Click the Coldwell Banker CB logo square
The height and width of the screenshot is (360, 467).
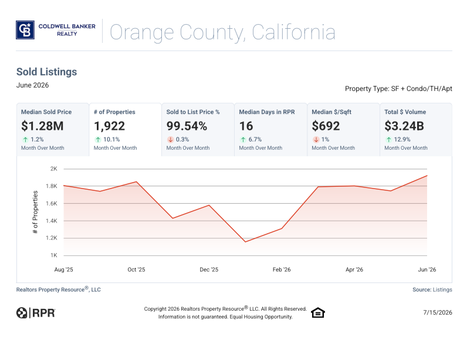[x=25, y=30]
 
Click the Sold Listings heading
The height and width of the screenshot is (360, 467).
[x=46, y=72]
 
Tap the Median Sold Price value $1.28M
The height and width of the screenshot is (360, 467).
[x=42, y=126]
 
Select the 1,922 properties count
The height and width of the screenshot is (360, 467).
[x=109, y=126]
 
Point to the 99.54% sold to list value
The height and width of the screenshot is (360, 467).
[x=187, y=126]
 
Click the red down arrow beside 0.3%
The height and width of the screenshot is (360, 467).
[x=170, y=139]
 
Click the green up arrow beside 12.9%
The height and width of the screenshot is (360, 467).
[x=388, y=139]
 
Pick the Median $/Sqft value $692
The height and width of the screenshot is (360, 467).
[x=326, y=126]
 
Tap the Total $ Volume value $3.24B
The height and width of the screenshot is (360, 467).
[x=404, y=126]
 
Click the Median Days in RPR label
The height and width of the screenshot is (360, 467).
[x=267, y=112]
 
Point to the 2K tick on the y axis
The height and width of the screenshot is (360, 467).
[x=53, y=169]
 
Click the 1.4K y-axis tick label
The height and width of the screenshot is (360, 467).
[x=52, y=221]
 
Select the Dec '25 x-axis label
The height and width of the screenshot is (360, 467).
[x=209, y=270]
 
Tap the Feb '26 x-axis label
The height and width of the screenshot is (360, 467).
[x=282, y=270]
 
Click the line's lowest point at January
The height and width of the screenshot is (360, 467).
[x=245, y=242]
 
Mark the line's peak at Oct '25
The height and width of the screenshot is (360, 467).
[x=137, y=181]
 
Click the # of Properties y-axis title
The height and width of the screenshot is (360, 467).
[x=35, y=212]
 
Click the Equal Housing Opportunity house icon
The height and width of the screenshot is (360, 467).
[x=318, y=312]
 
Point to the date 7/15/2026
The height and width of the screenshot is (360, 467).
[x=438, y=312]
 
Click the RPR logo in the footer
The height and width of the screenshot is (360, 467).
[x=36, y=313]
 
